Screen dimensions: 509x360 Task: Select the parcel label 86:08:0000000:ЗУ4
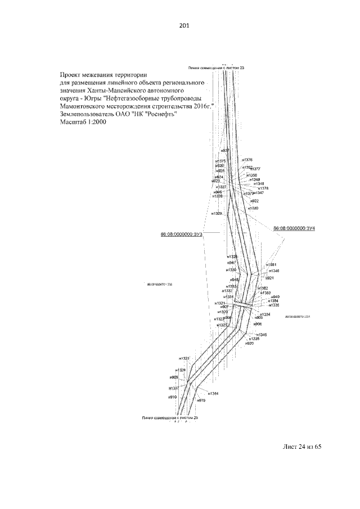(294, 229)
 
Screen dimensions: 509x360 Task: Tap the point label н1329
(217, 214)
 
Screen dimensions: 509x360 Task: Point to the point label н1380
(253, 208)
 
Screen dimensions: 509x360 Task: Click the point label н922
(254, 201)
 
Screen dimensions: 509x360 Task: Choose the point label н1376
(246, 160)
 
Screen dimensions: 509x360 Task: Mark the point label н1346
(273, 271)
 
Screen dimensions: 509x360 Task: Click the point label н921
(269, 278)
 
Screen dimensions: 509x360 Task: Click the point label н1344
(211, 394)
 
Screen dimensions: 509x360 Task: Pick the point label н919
(201, 400)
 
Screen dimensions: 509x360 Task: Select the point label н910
(173, 397)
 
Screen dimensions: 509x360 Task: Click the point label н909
(173, 377)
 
